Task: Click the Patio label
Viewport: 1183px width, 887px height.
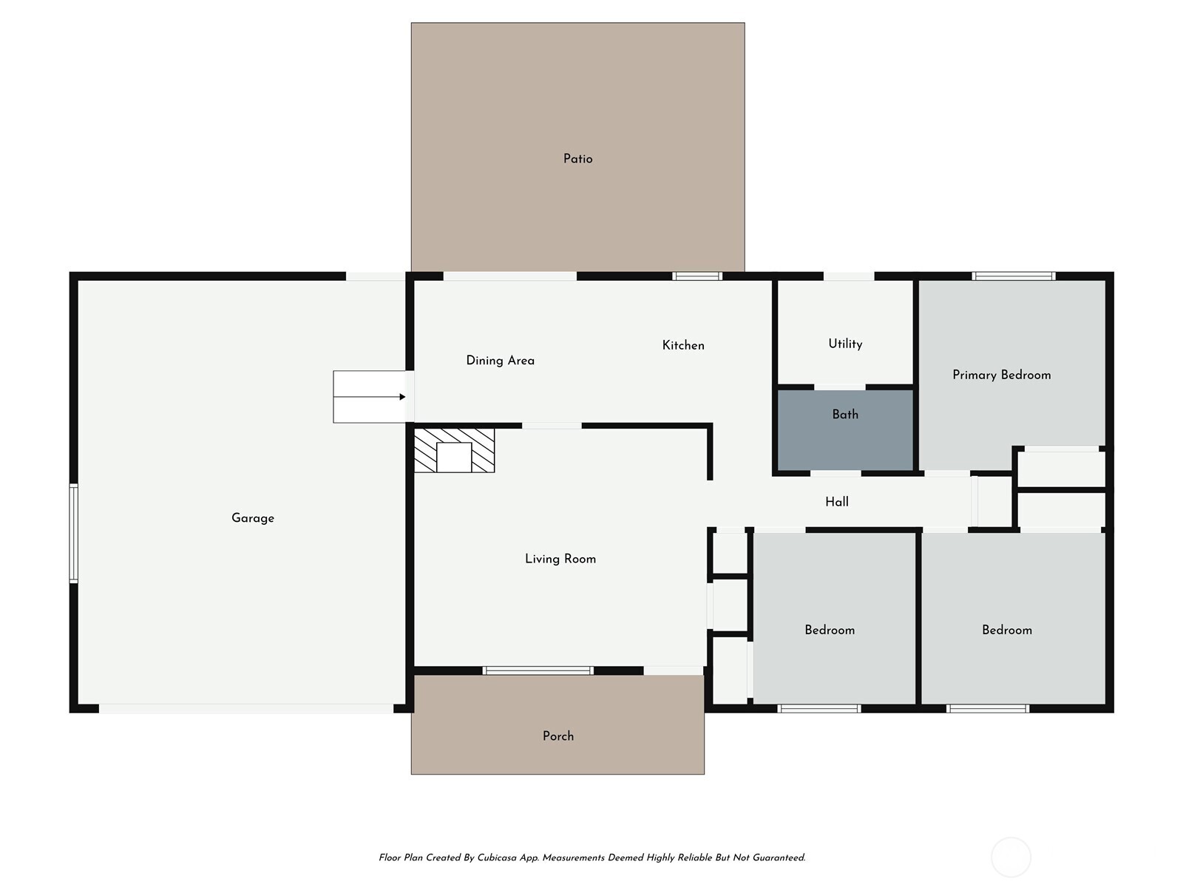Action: [577, 159]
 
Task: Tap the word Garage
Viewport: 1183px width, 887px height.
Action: [253, 518]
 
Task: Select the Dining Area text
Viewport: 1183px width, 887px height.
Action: [500, 361]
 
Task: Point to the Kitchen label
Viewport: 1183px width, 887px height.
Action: [682, 345]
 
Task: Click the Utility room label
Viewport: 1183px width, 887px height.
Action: [845, 344]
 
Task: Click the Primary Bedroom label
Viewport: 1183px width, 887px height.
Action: [1001, 375]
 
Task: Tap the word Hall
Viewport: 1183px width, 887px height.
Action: [836, 502]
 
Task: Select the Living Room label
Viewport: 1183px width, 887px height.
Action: [560, 559]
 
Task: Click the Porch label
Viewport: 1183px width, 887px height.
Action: [557, 736]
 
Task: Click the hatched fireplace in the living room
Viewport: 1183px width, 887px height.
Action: [454, 449]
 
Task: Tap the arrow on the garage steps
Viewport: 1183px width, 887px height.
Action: [401, 397]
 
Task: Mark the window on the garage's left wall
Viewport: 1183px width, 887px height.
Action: [73, 533]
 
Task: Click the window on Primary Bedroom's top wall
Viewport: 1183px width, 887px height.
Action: [1014, 276]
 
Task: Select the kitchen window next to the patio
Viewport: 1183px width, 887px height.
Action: [696, 276]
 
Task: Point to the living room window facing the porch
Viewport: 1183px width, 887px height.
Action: [538, 670]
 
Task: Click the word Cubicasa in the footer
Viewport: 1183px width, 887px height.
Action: [497, 858]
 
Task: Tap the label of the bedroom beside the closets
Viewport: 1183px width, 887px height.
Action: [830, 630]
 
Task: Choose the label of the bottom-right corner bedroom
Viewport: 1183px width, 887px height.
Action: [1006, 630]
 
